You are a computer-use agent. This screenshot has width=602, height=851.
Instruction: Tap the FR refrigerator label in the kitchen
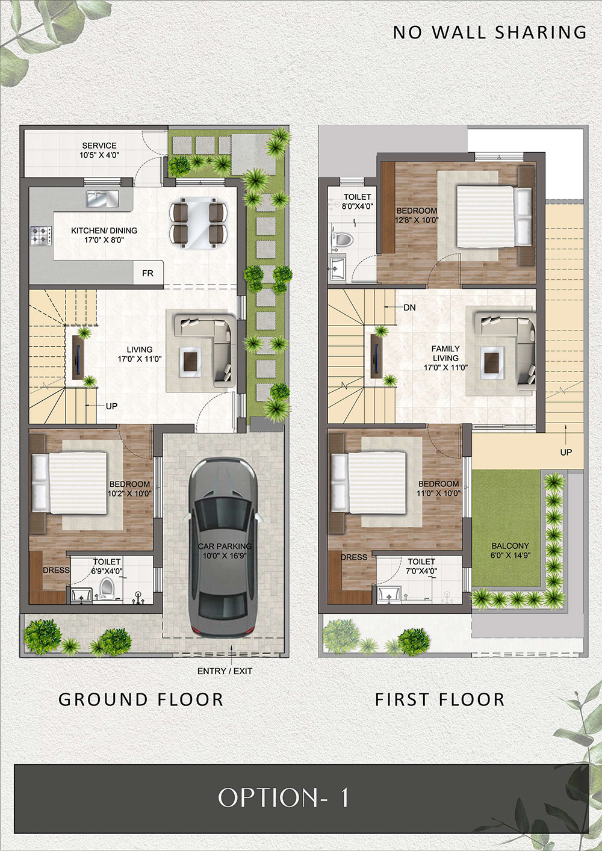[147, 273]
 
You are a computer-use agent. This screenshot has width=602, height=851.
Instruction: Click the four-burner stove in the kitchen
[41, 235]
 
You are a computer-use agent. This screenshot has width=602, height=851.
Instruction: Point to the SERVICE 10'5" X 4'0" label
[99, 150]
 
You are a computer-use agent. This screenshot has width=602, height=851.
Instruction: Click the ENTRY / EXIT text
[225, 671]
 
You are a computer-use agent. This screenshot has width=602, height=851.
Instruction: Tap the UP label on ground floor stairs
[111, 406]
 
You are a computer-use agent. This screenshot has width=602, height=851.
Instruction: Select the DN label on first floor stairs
[409, 308]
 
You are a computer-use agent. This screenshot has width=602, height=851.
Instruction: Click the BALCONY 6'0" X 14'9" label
[510, 550]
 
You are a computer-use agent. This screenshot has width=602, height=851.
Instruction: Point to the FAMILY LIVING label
[445, 353]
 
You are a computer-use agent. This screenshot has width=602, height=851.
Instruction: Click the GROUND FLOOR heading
[141, 699]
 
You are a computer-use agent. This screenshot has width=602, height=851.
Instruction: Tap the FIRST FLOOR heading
[439, 699]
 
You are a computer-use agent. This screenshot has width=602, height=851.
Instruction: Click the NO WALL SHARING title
[490, 32]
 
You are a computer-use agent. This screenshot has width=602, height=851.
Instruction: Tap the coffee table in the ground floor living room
[190, 362]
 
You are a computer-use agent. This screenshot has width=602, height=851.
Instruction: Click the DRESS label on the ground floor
[56, 570]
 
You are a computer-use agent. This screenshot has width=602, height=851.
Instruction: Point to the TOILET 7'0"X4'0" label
[421, 566]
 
